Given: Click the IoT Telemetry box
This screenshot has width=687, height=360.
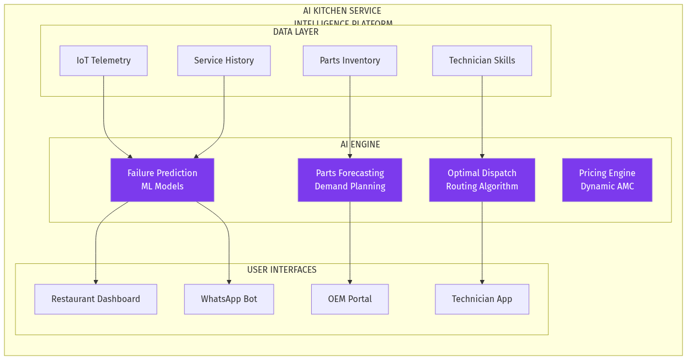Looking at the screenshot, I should pyautogui.click(x=103, y=61).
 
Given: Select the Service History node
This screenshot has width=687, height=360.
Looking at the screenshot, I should pyautogui.click(x=223, y=61).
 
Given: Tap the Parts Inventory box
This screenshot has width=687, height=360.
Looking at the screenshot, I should pyautogui.click(x=349, y=61).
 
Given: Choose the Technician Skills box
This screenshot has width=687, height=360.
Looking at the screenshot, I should pyautogui.click(x=482, y=61).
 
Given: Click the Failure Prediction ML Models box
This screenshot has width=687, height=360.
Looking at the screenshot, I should pyautogui.click(x=162, y=180).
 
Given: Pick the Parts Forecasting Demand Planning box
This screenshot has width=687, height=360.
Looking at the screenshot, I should pyautogui.click(x=350, y=180).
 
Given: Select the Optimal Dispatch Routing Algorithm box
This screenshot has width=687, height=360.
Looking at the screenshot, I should pyautogui.click(x=482, y=180).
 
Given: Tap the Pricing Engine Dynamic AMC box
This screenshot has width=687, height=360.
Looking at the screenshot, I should pyautogui.click(x=607, y=180).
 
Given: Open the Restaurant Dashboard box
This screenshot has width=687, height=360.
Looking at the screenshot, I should pyautogui.click(x=95, y=299).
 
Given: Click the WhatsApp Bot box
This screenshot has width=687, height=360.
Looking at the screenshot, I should pyautogui.click(x=228, y=299).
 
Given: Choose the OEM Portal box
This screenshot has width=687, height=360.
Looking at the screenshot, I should pyautogui.click(x=350, y=299).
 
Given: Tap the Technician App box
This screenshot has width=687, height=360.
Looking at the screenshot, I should pyautogui.click(x=482, y=299).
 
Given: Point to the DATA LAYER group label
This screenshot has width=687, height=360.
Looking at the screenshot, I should pyautogui.click(x=296, y=32).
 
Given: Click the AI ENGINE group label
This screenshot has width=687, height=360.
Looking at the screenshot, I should pyautogui.click(x=360, y=145).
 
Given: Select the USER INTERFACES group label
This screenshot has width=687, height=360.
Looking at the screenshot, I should pyautogui.click(x=281, y=270).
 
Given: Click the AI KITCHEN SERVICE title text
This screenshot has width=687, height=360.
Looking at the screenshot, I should pyautogui.click(x=342, y=11).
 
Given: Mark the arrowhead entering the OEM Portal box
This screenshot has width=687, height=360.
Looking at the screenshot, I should pyautogui.click(x=350, y=282).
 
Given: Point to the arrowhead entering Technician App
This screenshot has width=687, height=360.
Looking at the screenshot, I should pyautogui.click(x=482, y=282).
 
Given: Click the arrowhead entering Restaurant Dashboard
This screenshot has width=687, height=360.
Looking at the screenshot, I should pyautogui.click(x=96, y=282).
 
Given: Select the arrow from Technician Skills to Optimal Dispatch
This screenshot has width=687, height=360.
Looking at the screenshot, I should pyautogui.click(x=482, y=116).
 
